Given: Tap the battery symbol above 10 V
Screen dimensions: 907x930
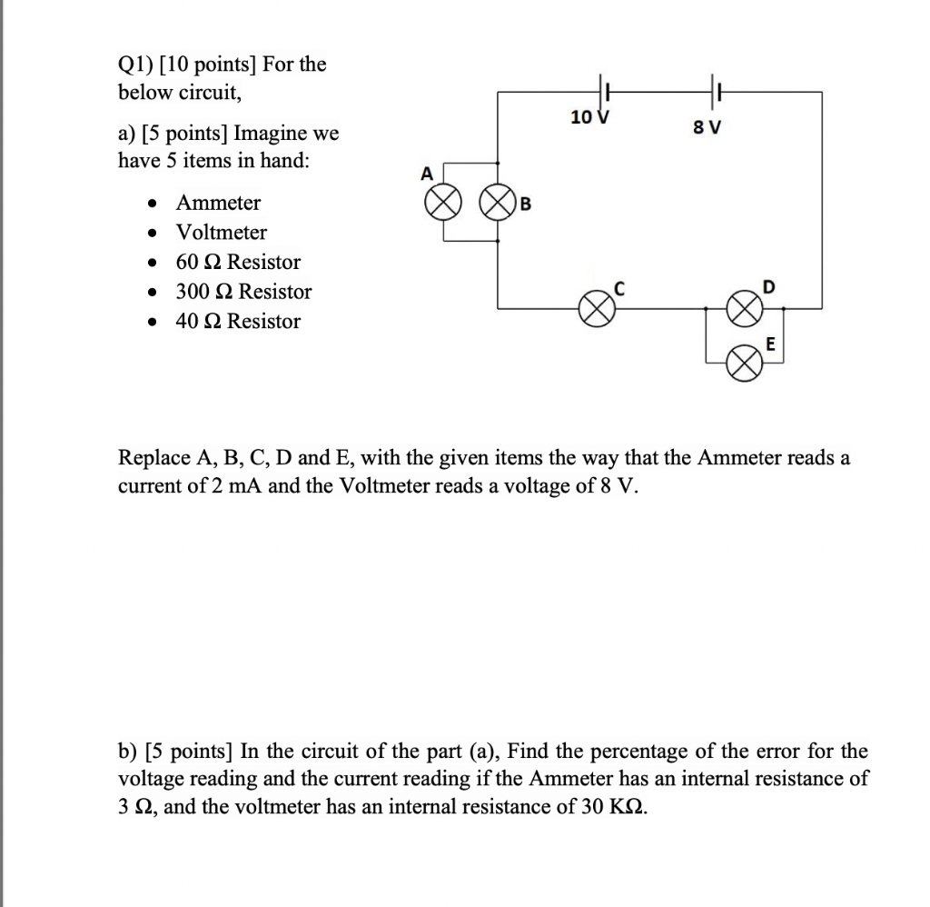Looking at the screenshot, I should (606, 91).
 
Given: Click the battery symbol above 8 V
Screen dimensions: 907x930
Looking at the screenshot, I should (714, 91).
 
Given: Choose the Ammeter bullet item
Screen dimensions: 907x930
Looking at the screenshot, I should (218, 203).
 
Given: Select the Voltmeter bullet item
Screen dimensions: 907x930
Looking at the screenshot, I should (222, 233).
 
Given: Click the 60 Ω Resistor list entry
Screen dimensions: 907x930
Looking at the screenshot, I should (238, 263).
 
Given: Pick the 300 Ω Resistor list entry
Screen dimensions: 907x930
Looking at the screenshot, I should (243, 292).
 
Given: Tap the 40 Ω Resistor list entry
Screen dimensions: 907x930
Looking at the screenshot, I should (238, 322).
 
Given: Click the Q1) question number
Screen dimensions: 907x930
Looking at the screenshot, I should (135, 65).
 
